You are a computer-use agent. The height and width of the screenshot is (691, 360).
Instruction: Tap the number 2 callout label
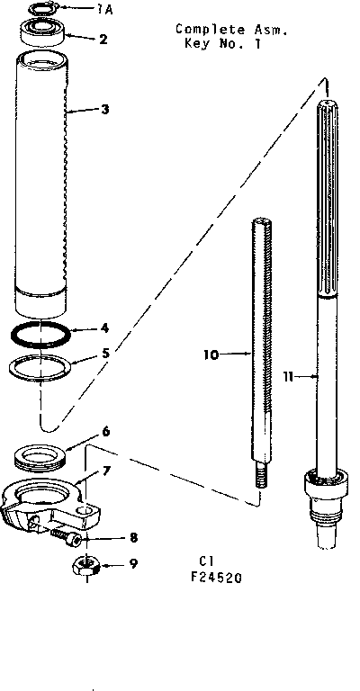pos(103,40)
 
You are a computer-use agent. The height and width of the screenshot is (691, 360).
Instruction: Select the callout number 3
pos(105,110)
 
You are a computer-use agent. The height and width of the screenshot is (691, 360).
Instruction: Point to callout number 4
pos(105,328)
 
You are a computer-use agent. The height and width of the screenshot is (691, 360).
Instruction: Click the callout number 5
pos(105,353)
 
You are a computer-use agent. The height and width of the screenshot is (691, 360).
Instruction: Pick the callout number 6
pos(105,432)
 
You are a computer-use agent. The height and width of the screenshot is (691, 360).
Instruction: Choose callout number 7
pos(106,470)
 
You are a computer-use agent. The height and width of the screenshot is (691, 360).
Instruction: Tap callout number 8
pos(133,539)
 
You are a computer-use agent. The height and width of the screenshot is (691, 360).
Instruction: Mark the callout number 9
pos(133,566)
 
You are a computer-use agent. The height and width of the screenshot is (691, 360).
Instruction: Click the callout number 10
pos(211,354)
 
